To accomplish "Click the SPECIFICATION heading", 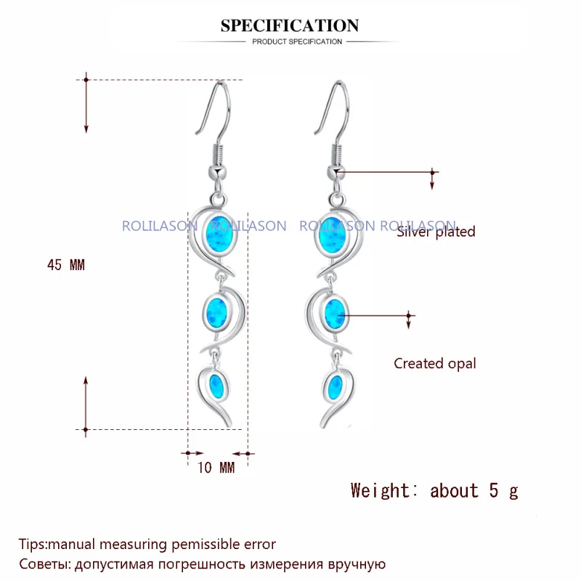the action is coord(290,25).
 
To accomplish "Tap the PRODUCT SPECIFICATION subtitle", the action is coord(297,42).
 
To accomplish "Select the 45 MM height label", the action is coord(66,265).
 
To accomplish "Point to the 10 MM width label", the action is coord(216,468).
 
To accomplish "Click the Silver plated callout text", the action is coord(436,232).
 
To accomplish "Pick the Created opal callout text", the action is coord(434,364).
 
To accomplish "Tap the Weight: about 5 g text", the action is coord(434,491).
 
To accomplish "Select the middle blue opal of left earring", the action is coord(216,312).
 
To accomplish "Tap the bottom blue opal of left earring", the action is coord(216,388).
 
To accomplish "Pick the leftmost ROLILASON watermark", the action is coord(160,226).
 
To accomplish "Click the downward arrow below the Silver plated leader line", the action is coord(432,181).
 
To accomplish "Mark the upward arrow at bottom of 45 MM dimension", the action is coord(86,403).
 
